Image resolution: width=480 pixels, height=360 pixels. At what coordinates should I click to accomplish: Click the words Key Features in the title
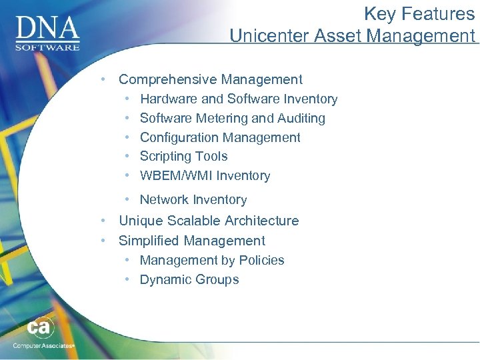pyautogui.click(x=419, y=14)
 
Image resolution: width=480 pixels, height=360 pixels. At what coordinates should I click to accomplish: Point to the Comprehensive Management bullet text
pyautogui.click(x=210, y=79)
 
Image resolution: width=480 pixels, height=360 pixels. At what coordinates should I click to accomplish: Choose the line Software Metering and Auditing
pyautogui.click(x=232, y=119)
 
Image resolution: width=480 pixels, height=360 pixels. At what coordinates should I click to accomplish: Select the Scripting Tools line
pyautogui.click(x=183, y=157)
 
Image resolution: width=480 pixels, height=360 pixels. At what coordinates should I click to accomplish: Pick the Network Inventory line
pyautogui.click(x=193, y=200)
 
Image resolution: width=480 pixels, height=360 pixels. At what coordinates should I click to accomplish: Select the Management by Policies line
pyautogui.click(x=211, y=261)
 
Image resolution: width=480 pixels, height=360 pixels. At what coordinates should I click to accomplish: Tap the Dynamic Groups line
pyautogui.click(x=189, y=280)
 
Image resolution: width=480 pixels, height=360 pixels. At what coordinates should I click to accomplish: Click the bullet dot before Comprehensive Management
pyautogui.click(x=103, y=79)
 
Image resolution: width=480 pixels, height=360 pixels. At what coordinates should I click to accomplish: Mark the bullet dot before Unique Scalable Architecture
pyautogui.click(x=103, y=221)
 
